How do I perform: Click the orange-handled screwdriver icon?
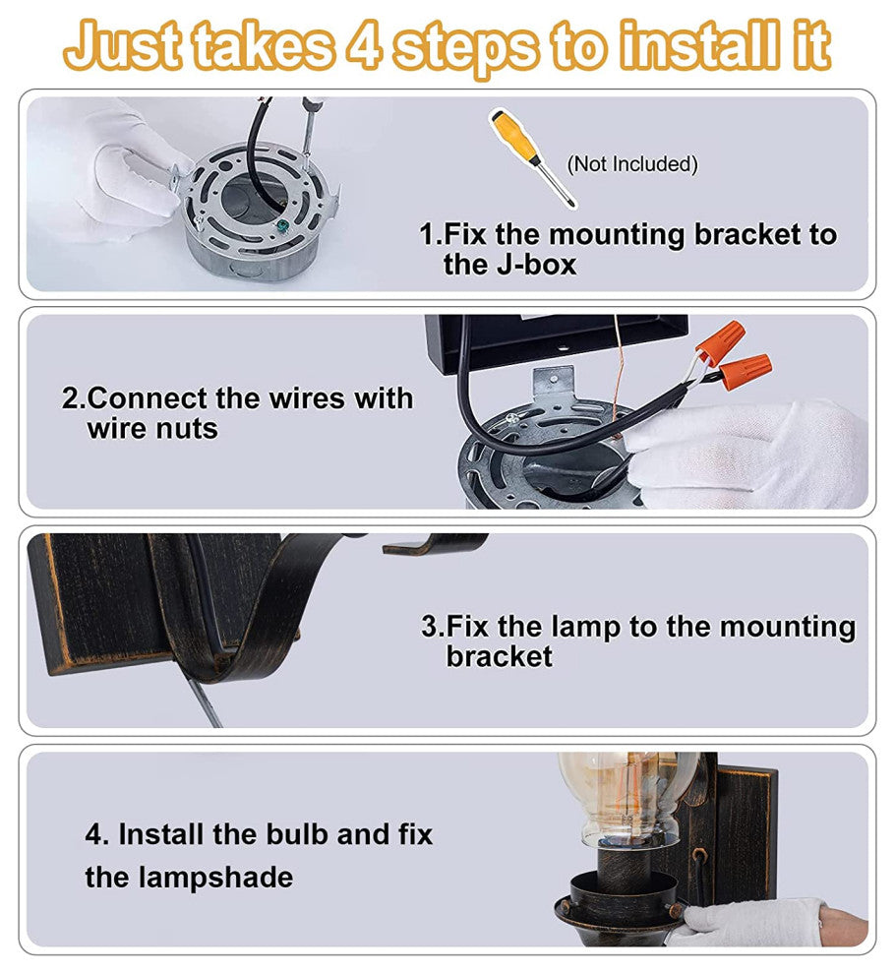point(533,158)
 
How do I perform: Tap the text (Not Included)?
point(632,164)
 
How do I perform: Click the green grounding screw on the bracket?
point(282,226)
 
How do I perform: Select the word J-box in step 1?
point(537,265)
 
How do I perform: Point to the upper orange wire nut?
point(721,341)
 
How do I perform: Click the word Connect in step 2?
point(149,398)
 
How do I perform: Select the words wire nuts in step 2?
point(152,429)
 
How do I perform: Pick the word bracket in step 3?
point(500,656)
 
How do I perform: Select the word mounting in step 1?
point(617,235)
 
